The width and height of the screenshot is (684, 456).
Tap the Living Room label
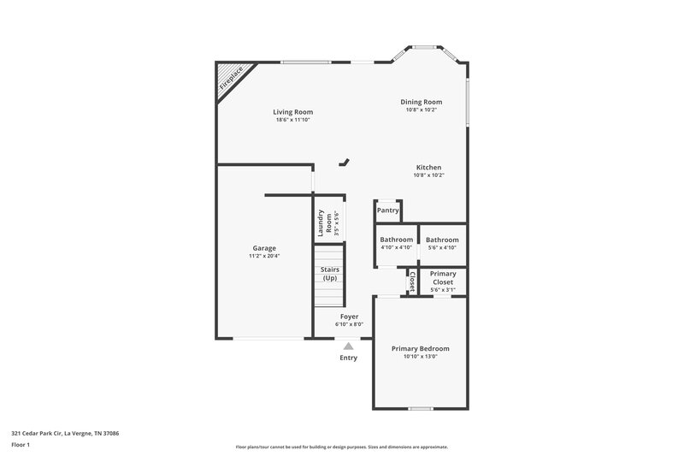point(292,112)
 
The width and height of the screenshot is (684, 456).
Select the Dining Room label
point(422,102)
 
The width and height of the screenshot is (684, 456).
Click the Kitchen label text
point(428,167)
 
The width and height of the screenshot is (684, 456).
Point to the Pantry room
point(388,210)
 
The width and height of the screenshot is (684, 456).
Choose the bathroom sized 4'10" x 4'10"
point(397,243)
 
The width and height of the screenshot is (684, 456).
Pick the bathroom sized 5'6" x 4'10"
point(442,243)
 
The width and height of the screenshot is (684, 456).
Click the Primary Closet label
point(442,277)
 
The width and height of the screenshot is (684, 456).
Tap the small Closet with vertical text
point(411,281)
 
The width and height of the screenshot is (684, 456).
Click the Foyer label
point(349,317)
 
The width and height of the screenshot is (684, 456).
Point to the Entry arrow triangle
point(348,346)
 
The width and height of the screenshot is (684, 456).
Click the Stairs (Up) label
point(329,274)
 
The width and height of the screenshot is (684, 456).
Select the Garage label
point(263,248)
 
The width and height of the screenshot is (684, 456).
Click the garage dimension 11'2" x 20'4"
point(263,256)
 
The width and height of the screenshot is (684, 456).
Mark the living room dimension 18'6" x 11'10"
point(292,120)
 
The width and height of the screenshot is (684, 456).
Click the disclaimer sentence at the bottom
point(341,447)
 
